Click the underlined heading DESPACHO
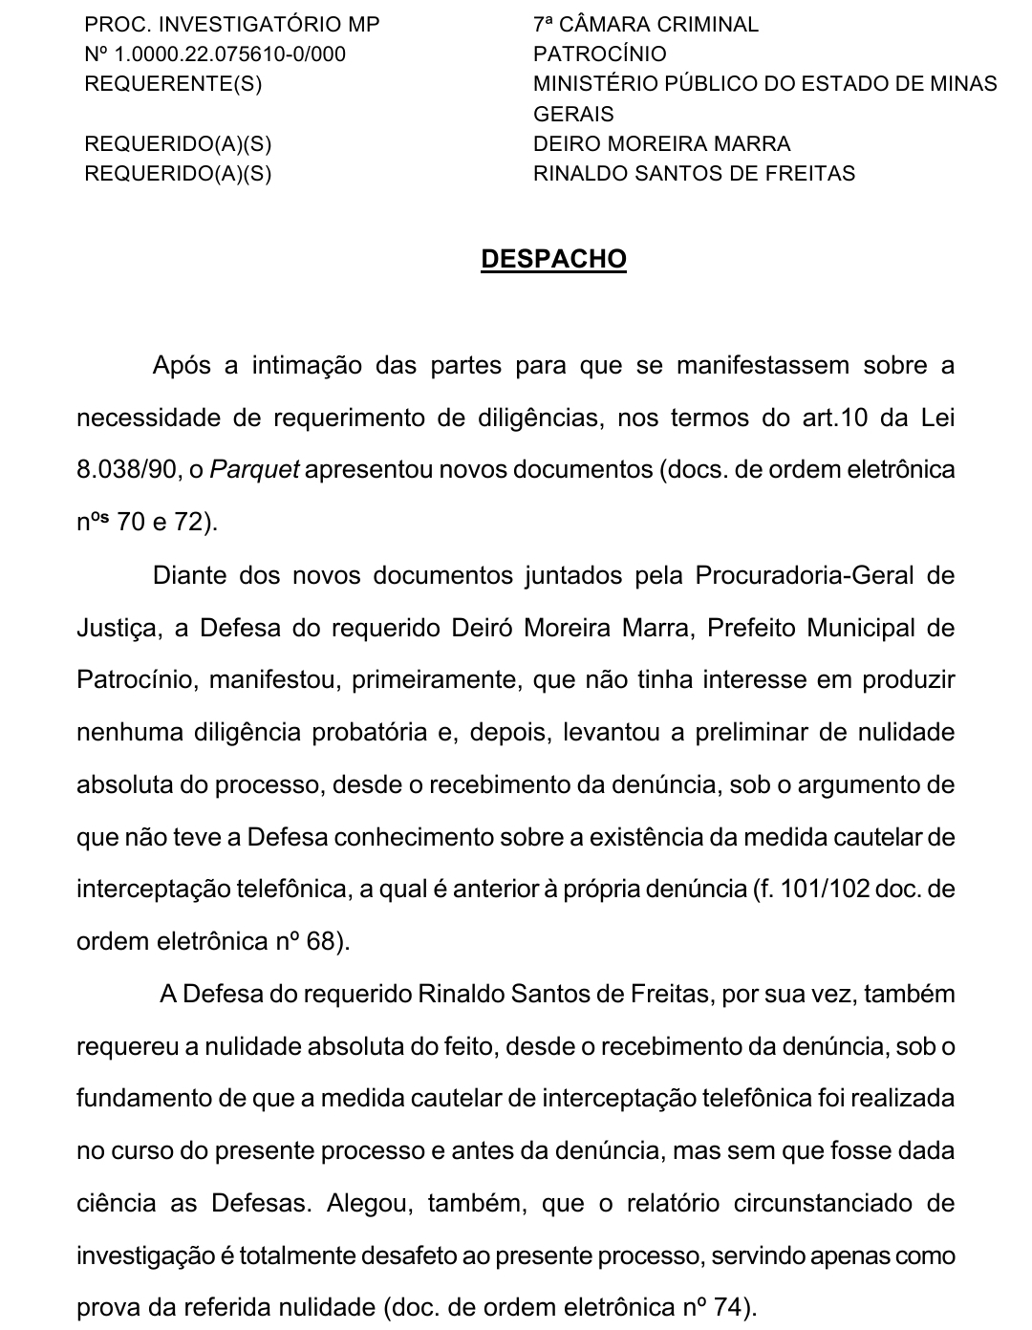[x=553, y=260]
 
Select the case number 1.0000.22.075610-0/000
[x=229, y=54]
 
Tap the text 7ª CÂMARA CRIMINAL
[x=646, y=25]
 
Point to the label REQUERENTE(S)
[x=173, y=84]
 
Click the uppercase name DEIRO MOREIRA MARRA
[x=661, y=144]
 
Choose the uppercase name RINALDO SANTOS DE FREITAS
[x=694, y=174]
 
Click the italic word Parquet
[x=254, y=471]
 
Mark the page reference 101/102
[x=825, y=890]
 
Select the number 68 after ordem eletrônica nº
[x=321, y=942]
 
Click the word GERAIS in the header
[x=573, y=115]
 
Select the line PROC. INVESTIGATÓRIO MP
[x=232, y=25]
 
